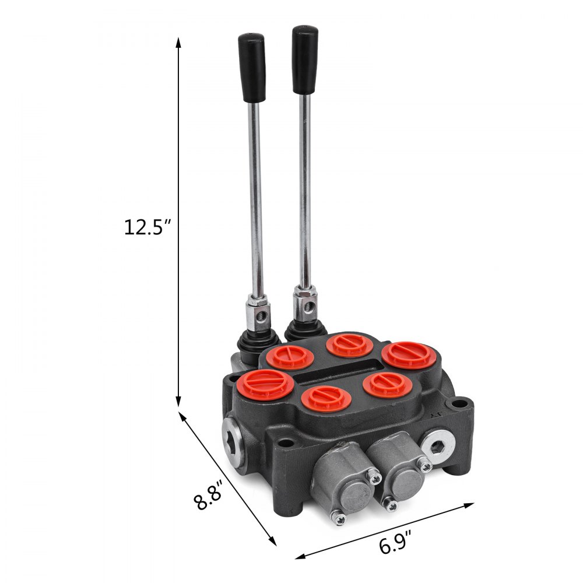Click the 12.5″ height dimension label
click(146, 226)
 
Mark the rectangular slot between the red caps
click(344, 373)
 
